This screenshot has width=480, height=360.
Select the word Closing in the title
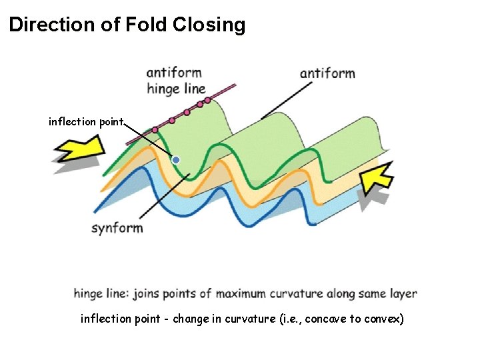pyautogui.click(x=209, y=26)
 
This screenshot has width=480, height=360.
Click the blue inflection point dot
pyautogui.click(x=176, y=160)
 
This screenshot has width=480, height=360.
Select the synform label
pyautogui.click(x=117, y=228)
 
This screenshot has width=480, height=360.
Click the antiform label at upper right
pyautogui.click(x=327, y=73)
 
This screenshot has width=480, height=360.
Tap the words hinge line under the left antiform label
pyautogui.click(x=176, y=89)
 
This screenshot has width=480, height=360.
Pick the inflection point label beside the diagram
pyautogui.click(x=86, y=121)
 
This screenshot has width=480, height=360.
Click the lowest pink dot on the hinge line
pyautogui.click(x=155, y=130)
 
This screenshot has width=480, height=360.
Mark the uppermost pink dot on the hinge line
pyautogui.click(x=208, y=100)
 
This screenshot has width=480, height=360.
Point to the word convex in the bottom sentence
pyautogui.click(x=383, y=319)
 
